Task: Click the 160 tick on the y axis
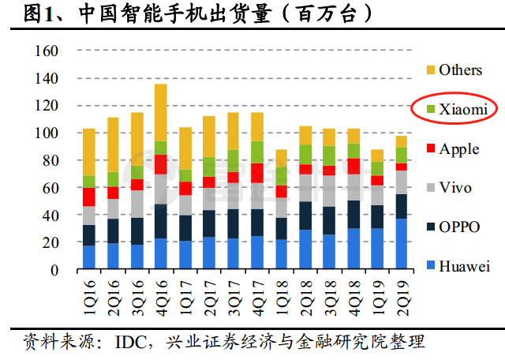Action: [48, 51]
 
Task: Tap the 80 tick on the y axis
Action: [52, 161]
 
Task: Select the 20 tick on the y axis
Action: [52, 243]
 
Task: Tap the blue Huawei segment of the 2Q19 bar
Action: [401, 244]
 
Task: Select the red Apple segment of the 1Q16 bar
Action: [89, 197]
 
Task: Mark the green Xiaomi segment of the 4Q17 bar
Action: [256, 152]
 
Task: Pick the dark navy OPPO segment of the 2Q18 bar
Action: [305, 216]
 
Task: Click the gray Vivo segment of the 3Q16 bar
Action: [137, 204]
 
